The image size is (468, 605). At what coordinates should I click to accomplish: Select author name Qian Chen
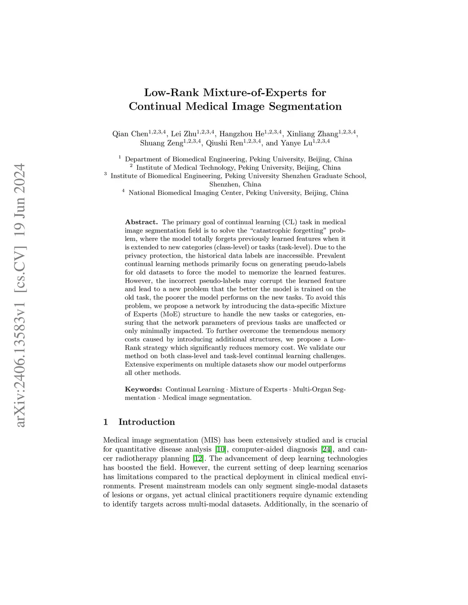coord(130,134)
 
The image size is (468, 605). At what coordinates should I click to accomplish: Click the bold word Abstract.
coord(141,222)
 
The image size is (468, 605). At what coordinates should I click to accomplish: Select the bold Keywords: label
coord(144,389)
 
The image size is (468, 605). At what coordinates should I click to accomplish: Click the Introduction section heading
coord(146,422)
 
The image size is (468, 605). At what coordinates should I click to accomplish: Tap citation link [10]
coord(220,449)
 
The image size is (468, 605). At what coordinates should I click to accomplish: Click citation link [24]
coord(326,449)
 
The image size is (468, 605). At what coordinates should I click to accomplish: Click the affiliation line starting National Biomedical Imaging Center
coord(238,193)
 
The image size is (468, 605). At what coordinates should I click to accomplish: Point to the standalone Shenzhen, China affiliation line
coord(235,184)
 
